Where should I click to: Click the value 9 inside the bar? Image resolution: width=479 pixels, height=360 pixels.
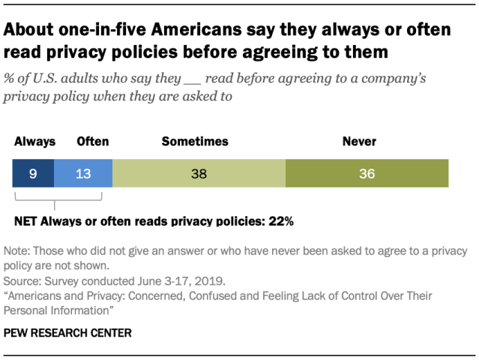pos(34,173)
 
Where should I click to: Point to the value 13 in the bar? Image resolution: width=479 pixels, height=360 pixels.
pos(83,173)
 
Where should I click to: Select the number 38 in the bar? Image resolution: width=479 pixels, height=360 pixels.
pos(199,173)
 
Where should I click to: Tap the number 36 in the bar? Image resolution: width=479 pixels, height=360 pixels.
pos(366,173)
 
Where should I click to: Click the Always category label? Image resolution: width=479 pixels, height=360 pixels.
pos(34,141)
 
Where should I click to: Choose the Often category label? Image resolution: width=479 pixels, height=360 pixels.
pos(93,141)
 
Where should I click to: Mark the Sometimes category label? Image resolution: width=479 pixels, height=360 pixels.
pos(195,141)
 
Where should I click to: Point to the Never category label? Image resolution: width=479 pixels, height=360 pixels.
pos(359,141)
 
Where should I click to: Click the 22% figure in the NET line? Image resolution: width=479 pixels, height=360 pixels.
pos(281,221)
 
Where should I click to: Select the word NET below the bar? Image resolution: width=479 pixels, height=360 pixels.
pos(26,221)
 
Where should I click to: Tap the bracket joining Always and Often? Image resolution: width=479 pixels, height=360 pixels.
pos(58,199)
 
